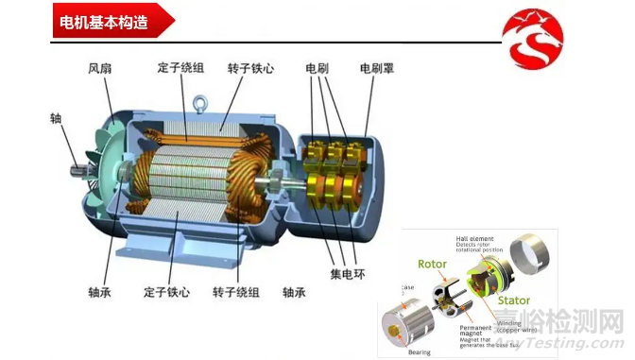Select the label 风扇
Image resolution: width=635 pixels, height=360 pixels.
(x=101, y=69)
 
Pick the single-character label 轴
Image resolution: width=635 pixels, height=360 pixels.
(x=56, y=119)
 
